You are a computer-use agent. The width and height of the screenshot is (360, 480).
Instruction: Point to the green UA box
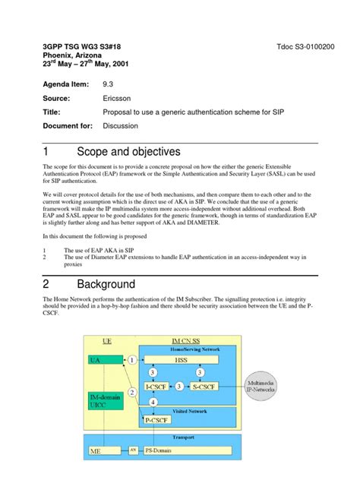click(x=95, y=359)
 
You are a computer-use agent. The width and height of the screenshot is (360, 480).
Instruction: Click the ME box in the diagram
click(x=96, y=450)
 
